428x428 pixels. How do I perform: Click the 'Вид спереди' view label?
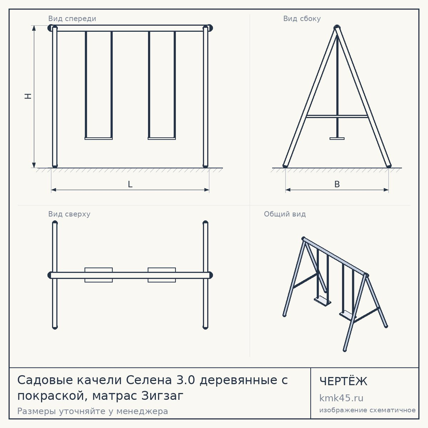pos(72,18)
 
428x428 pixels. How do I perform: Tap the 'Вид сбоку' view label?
pos(302,18)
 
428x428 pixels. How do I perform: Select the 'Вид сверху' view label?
pos(69,214)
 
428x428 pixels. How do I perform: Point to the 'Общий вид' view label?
pos(285,214)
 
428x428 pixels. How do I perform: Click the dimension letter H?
pos(28,96)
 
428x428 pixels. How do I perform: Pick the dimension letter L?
pos(130,184)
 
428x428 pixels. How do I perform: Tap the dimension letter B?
pos(337,184)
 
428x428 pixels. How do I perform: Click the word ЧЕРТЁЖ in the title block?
pos(343,381)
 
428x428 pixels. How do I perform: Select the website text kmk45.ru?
pos(341,398)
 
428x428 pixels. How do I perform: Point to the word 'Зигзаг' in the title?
pos(162,395)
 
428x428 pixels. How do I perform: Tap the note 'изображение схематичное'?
pos(367,410)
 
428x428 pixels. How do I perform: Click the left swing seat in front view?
pos(98,138)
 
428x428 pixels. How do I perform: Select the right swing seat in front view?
pos(162,138)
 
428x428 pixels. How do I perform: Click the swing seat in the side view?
pos(337,138)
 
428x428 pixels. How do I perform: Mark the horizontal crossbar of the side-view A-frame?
pos(337,116)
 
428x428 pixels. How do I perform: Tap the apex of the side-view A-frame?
pos(337,27)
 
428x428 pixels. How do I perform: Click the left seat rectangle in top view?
pos(98,275)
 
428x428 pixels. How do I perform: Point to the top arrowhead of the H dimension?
pos(34,28)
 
